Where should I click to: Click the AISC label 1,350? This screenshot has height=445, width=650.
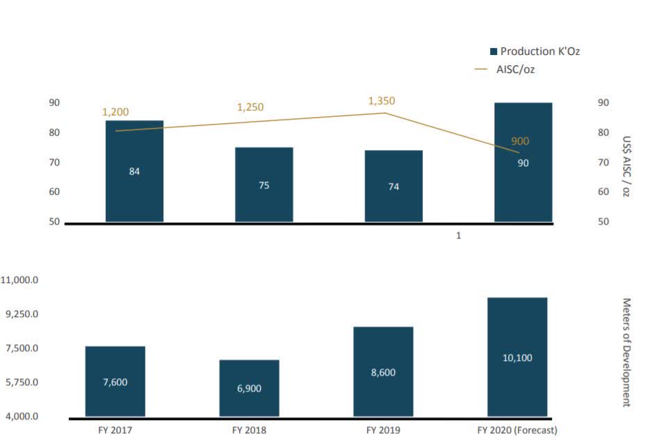pyautogui.click(x=381, y=101)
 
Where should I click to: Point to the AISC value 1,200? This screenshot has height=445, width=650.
pyautogui.click(x=115, y=112)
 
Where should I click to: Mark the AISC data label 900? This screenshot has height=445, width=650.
pyautogui.click(x=520, y=141)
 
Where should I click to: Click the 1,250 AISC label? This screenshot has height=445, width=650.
pyautogui.click(x=250, y=107)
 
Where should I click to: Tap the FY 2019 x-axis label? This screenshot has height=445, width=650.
pyautogui.click(x=383, y=430)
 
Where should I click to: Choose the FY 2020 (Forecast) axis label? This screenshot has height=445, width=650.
pyautogui.click(x=517, y=430)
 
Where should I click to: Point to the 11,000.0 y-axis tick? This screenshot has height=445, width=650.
pyautogui.click(x=21, y=280)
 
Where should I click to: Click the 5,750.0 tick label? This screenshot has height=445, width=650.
pyautogui.click(x=23, y=382)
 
